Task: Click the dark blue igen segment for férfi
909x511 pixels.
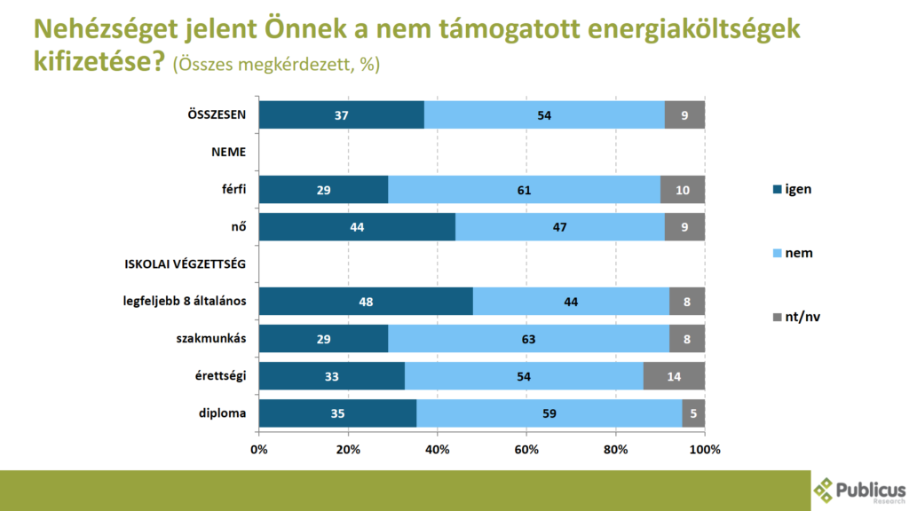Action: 323,189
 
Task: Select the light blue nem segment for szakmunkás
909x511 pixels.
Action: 528,339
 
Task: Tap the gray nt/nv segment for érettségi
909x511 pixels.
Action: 674,376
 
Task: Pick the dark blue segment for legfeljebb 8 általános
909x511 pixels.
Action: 366,302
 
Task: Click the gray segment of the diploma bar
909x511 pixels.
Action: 693,413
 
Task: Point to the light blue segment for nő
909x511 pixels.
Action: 560,226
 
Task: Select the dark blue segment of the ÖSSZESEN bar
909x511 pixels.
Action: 341,114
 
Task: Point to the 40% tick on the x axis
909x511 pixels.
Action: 438,450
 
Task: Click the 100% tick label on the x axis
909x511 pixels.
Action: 705,450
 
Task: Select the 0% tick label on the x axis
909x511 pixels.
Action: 259,450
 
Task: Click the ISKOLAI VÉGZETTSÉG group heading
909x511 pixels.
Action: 186,263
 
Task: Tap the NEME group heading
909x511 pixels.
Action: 228,152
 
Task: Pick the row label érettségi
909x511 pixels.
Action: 221,375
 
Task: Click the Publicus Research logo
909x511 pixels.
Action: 858,489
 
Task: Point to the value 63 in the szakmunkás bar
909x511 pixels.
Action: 528,339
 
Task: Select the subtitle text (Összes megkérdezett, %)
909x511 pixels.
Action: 276,65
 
